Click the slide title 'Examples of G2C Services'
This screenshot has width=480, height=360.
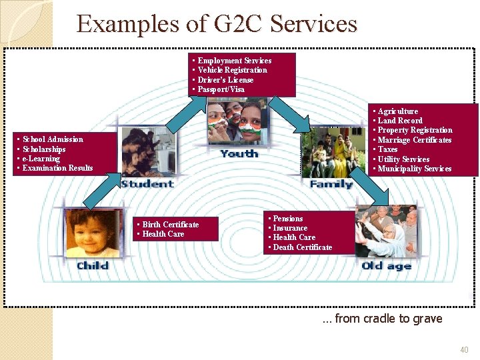point(217,24)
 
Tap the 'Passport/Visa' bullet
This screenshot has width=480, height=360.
point(221,89)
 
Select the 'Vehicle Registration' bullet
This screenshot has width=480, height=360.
point(232,70)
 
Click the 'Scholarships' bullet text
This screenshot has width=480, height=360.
point(44,149)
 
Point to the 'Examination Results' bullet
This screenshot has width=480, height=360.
point(57,168)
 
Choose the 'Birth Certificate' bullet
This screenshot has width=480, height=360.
point(170,225)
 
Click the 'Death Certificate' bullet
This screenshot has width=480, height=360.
point(302,247)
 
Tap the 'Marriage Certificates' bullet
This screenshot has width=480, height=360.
point(414,140)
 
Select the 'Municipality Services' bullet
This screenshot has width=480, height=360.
point(414,169)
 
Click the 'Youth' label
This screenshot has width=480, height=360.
point(239,153)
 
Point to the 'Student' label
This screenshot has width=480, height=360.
point(147,184)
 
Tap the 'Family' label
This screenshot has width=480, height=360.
point(331,184)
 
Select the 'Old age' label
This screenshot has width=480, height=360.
point(387,267)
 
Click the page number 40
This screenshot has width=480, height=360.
point(464,350)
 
